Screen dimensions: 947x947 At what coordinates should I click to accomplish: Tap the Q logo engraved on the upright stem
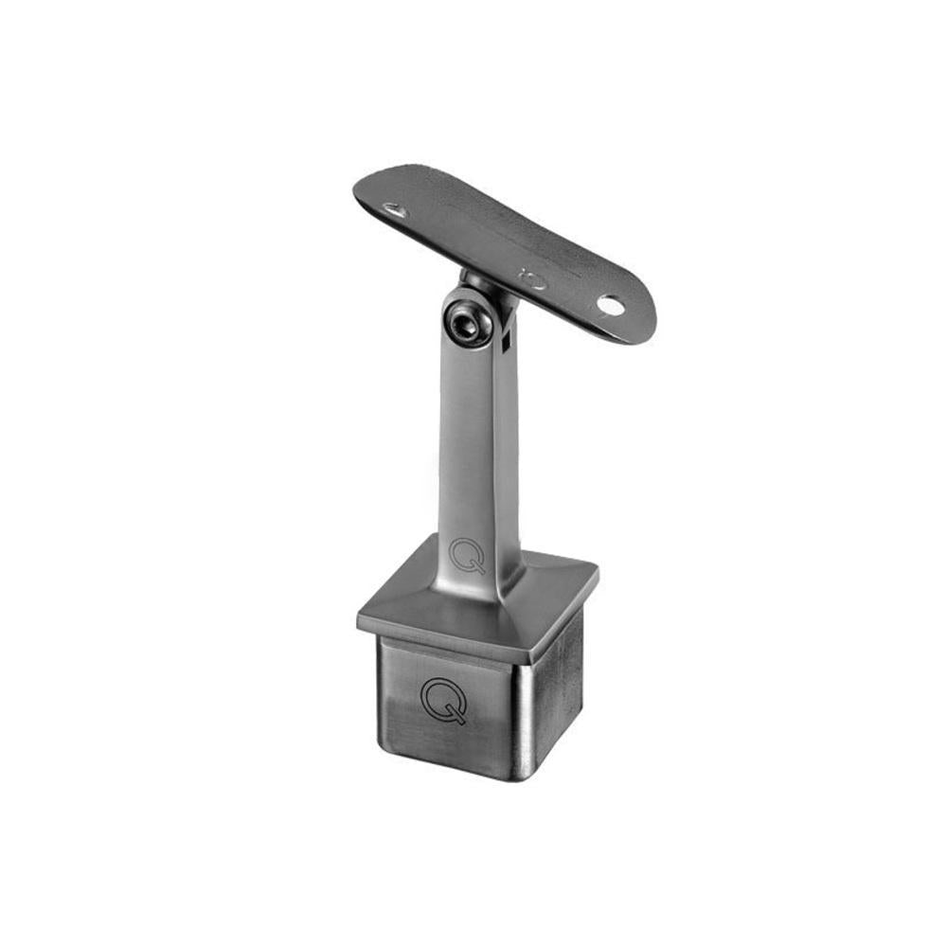[x=467, y=555]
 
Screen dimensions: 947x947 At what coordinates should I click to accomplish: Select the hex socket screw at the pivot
[x=464, y=323]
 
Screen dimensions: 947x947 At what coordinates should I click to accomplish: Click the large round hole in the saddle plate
[x=611, y=305]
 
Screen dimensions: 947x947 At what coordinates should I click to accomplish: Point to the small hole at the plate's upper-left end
[x=395, y=210]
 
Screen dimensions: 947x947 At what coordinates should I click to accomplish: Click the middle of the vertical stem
[x=478, y=445]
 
